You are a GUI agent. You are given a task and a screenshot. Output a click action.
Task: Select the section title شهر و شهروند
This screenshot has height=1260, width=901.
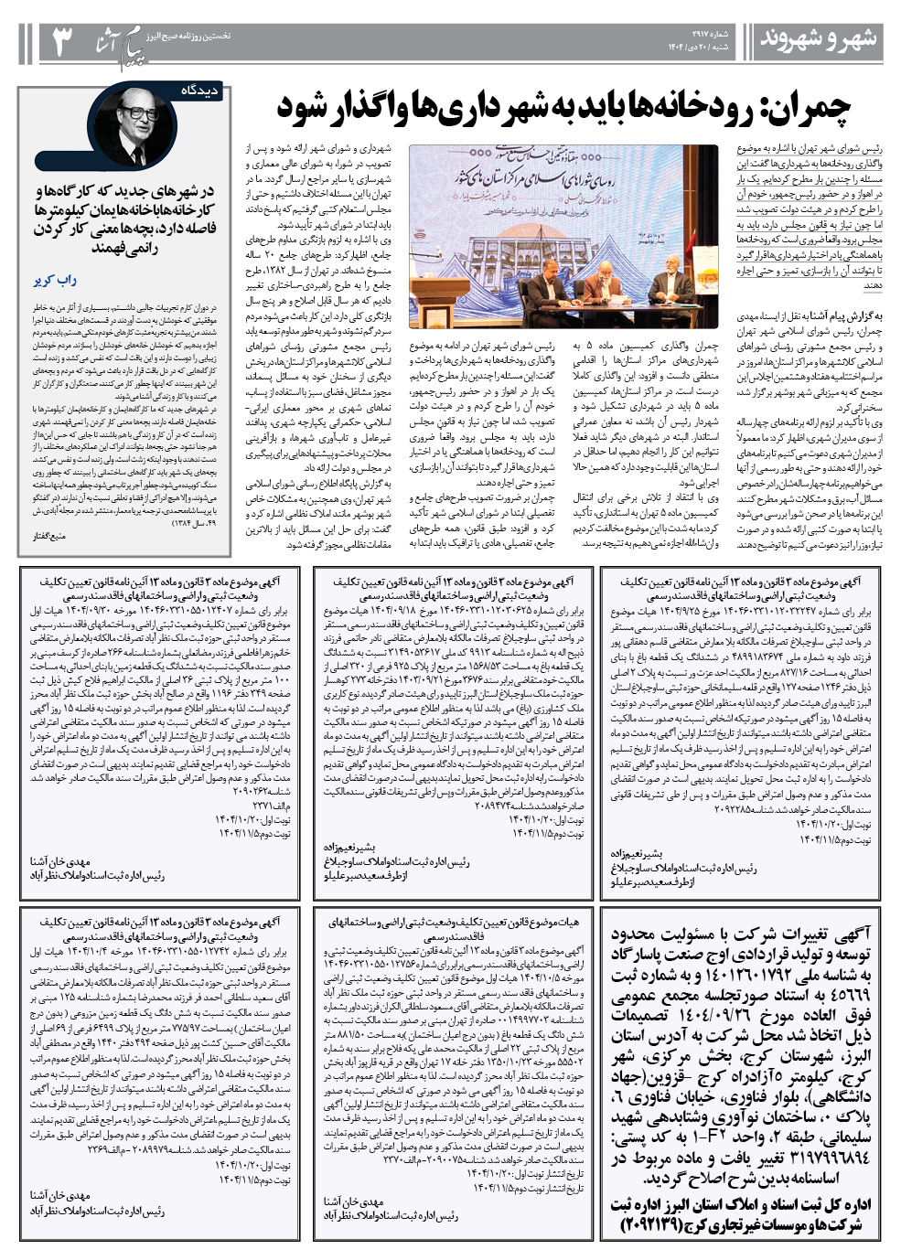(x=819, y=39)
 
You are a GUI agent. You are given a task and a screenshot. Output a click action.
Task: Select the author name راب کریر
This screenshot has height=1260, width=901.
(x=54, y=280)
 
